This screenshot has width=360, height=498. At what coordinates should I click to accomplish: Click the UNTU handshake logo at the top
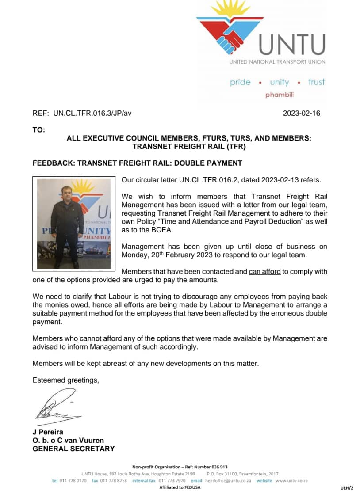click(230, 31)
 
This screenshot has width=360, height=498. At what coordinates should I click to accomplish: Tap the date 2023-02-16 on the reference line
click(301, 113)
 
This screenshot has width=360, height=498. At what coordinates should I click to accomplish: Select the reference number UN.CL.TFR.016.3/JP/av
click(92, 113)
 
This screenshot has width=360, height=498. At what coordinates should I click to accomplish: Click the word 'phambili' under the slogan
click(279, 95)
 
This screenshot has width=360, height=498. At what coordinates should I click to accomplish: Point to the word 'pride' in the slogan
click(240, 82)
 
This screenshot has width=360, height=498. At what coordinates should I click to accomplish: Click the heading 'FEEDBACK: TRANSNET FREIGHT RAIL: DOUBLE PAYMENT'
click(138, 163)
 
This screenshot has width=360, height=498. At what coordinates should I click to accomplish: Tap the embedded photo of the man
click(73, 224)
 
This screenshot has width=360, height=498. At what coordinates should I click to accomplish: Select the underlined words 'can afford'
click(264, 271)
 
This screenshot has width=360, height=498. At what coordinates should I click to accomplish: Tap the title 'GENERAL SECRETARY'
click(73, 449)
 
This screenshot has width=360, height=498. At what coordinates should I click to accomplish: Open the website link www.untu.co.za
click(291, 480)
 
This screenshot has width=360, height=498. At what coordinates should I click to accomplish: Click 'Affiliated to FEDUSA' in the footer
click(180, 487)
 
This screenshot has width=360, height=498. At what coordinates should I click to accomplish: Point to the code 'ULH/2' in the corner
click(347, 488)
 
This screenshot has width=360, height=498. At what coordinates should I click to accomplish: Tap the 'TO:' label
click(39, 129)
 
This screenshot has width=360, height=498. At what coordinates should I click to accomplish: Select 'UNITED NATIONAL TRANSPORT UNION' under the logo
click(277, 62)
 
